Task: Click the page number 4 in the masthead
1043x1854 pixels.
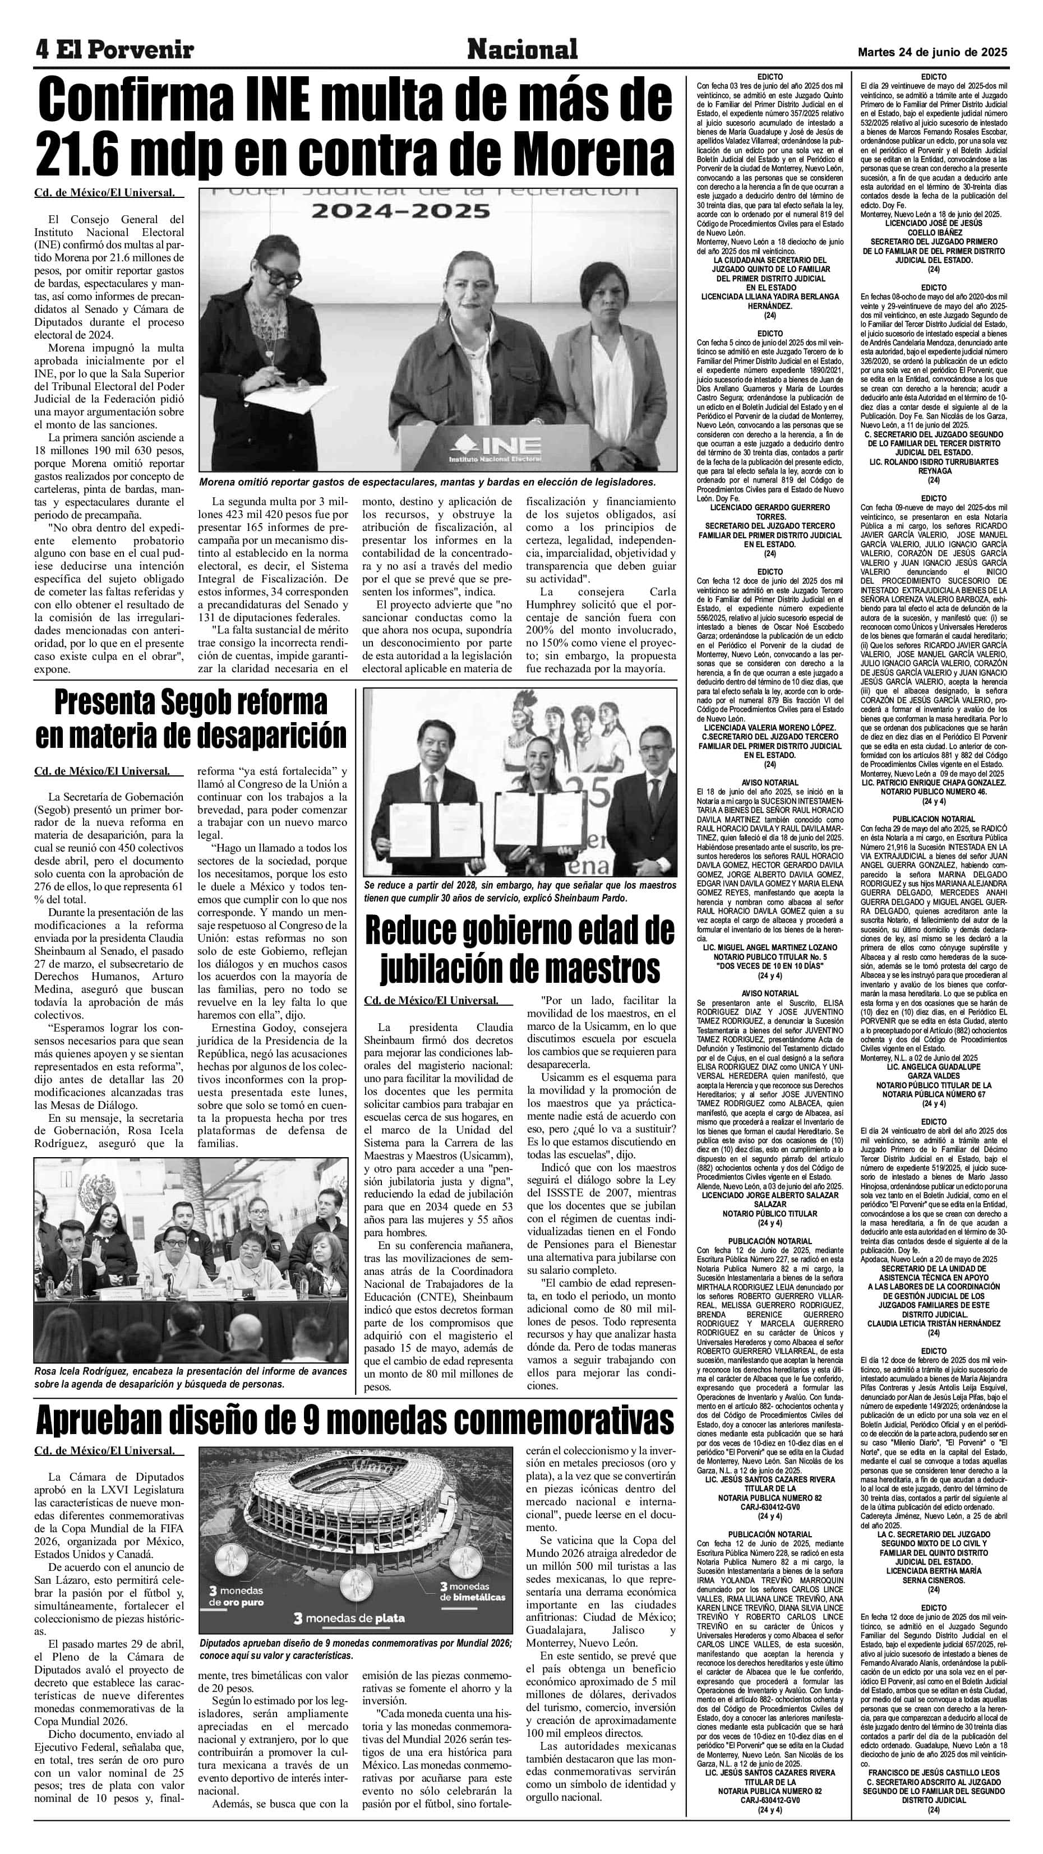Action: (43, 50)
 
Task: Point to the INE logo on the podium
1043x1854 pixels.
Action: (495, 446)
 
